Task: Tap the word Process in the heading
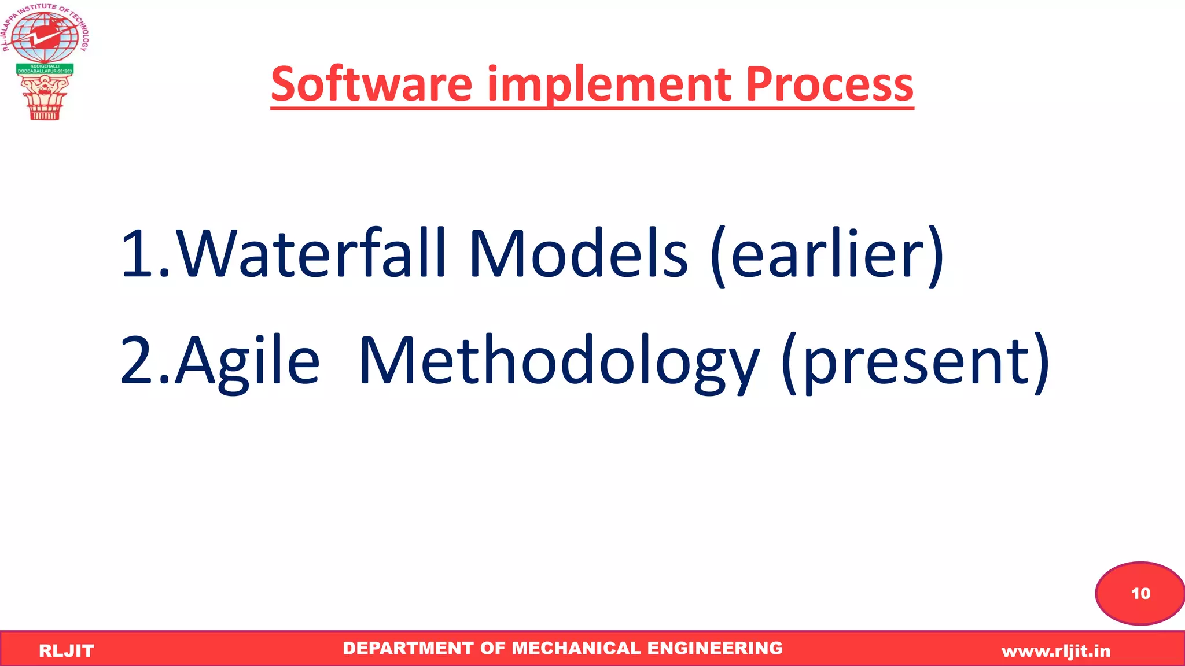pyautogui.click(x=829, y=84)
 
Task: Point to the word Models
pyautogui.click(x=579, y=253)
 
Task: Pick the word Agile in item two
pyautogui.click(x=248, y=361)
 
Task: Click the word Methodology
pyautogui.click(x=559, y=361)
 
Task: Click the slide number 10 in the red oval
pyautogui.click(x=1140, y=593)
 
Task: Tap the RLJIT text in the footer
pyautogui.click(x=66, y=651)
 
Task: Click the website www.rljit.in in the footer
pyautogui.click(x=1056, y=651)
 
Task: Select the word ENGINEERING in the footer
pyautogui.click(x=715, y=648)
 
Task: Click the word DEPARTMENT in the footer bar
pyautogui.click(x=408, y=648)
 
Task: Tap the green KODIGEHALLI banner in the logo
pyautogui.click(x=45, y=69)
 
